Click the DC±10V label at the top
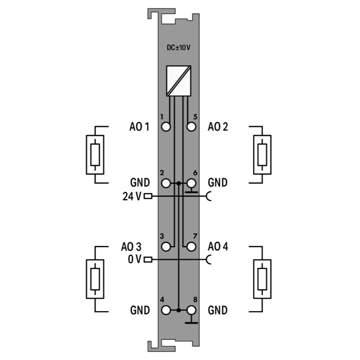pyautogui.click(x=179, y=48)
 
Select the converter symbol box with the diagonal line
pyautogui.click(x=179, y=81)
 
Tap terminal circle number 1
pyautogui.click(x=166, y=127)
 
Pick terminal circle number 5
pyautogui.click(x=191, y=127)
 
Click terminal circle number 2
pyautogui.click(x=166, y=183)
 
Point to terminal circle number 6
pyautogui.click(x=191, y=183)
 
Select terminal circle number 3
pyautogui.click(x=166, y=247)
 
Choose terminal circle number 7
pyautogui.click(x=191, y=247)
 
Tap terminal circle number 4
pyautogui.click(x=166, y=310)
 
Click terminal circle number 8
pyautogui.click(x=191, y=310)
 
